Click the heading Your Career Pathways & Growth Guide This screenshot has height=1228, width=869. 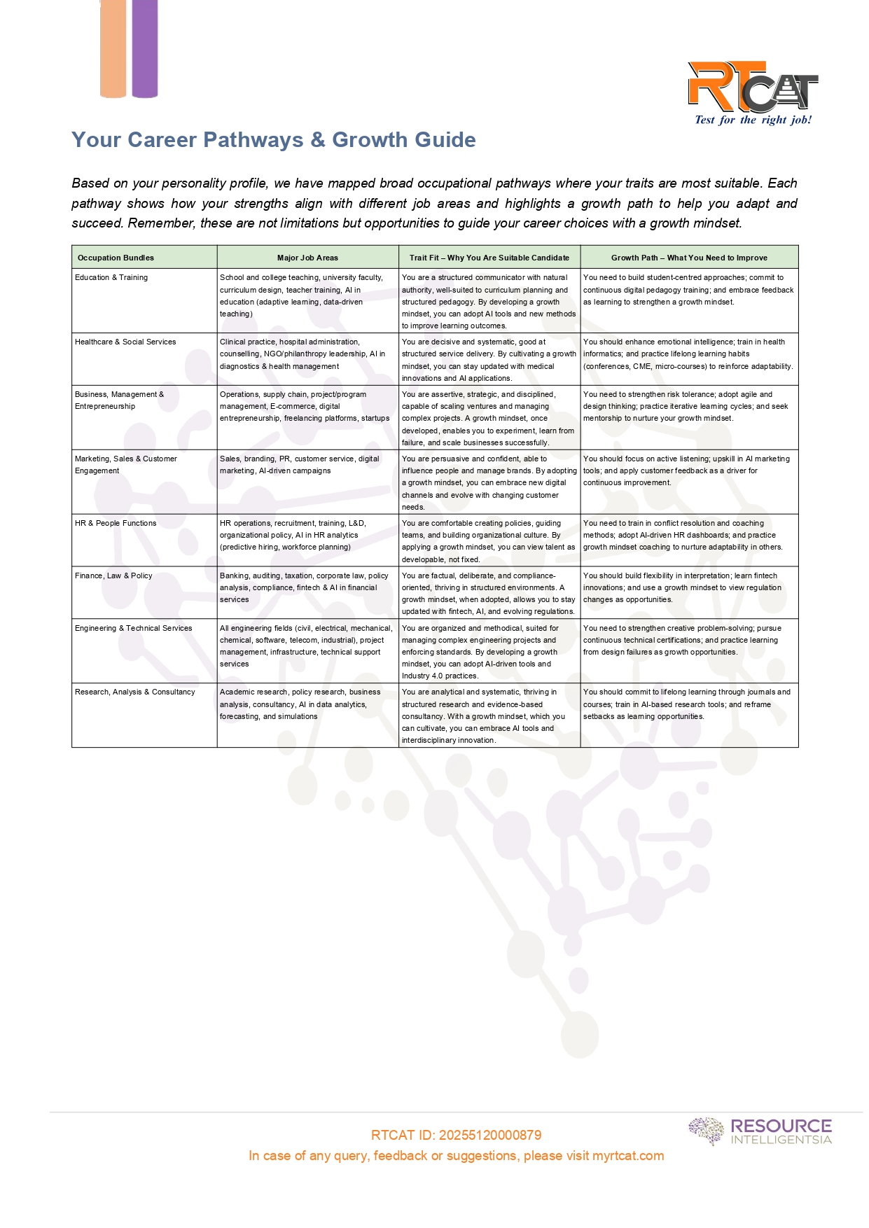[x=273, y=140]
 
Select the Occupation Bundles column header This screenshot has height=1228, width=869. [x=116, y=258]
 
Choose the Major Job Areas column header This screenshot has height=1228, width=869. [x=307, y=258]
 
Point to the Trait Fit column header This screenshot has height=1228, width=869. [x=489, y=258]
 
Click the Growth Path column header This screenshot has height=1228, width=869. [x=689, y=258]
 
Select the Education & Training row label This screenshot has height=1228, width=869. [x=111, y=278]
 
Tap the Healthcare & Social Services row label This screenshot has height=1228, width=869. [x=125, y=342]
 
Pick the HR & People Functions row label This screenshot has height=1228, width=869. [x=116, y=524]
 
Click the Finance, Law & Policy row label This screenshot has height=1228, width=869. [x=113, y=576]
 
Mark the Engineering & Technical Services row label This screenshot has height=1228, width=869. [x=133, y=629]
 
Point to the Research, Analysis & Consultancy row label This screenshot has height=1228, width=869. [x=135, y=692]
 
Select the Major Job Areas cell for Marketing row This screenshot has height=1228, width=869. [x=300, y=465]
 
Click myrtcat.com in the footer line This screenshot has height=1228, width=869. [x=628, y=1156]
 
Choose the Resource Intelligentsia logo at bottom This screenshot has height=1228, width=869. [x=760, y=1131]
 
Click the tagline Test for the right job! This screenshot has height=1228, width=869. [x=753, y=120]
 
